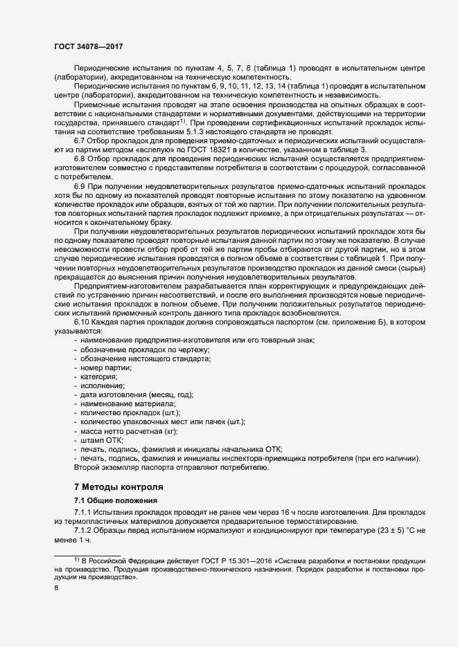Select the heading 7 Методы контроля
[x=118, y=486]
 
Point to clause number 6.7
[x=80, y=142]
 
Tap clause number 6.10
[x=83, y=322]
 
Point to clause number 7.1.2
[x=85, y=529]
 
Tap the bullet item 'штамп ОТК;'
[x=101, y=439]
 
